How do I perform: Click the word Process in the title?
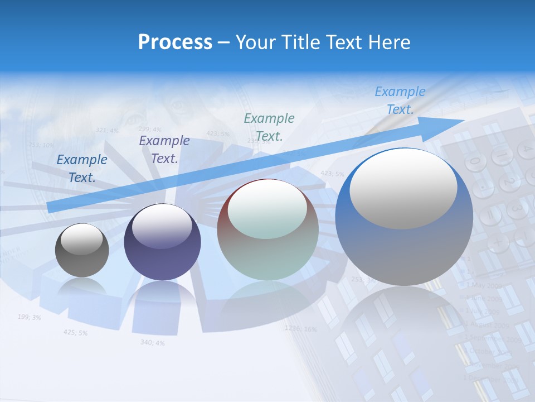tap(175, 42)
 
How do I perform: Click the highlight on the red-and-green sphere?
tap(267, 210)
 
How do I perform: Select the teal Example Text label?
tap(269, 127)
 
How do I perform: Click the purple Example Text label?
tap(164, 150)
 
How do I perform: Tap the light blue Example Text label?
tap(400, 100)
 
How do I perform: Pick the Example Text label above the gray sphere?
tap(82, 168)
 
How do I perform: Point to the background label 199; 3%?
tap(29, 317)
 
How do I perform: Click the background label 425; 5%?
tap(75, 333)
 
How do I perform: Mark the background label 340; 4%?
tap(152, 342)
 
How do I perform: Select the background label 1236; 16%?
tap(300, 329)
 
